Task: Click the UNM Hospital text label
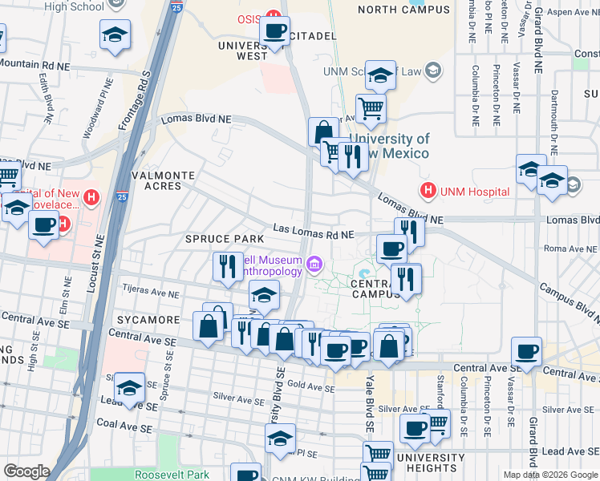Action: pyautogui.click(x=474, y=192)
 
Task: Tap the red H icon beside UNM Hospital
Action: pyautogui.click(x=428, y=191)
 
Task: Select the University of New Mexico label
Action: pyautogui.click(x=390, y=146)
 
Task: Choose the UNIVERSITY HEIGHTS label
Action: pyautogui.click(x=431, y=463)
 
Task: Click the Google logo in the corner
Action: pyautogui.click(x=26, y=471)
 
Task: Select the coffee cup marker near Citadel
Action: pyautogui.click(x=275, y=32)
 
